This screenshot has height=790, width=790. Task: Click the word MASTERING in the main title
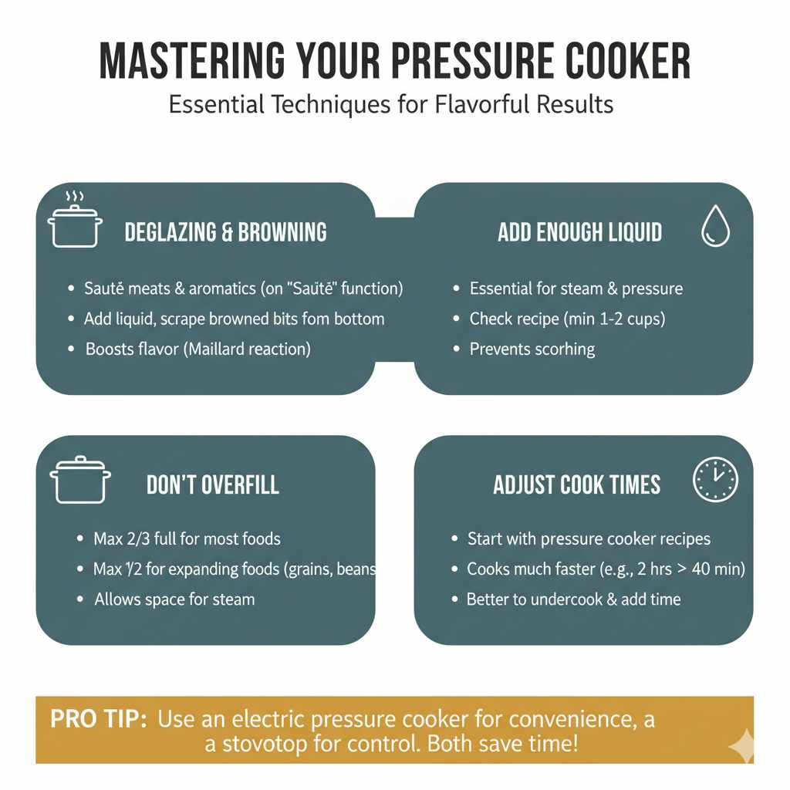point(192,61)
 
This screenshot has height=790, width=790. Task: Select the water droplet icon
point(715,226)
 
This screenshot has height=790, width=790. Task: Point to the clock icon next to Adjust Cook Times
point(715,479)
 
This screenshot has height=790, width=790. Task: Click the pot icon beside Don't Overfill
point(80,480)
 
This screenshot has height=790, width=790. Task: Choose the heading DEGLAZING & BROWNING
point(226,232)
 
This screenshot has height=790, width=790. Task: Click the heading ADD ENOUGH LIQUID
point(580,232)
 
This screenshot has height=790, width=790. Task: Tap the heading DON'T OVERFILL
point(213,484)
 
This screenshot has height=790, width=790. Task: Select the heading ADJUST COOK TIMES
point(577,484)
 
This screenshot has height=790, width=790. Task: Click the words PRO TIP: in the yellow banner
point(99,719)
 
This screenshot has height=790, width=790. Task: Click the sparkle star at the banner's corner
point(741,745)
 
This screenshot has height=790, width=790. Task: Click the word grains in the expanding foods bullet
point(309,570)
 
